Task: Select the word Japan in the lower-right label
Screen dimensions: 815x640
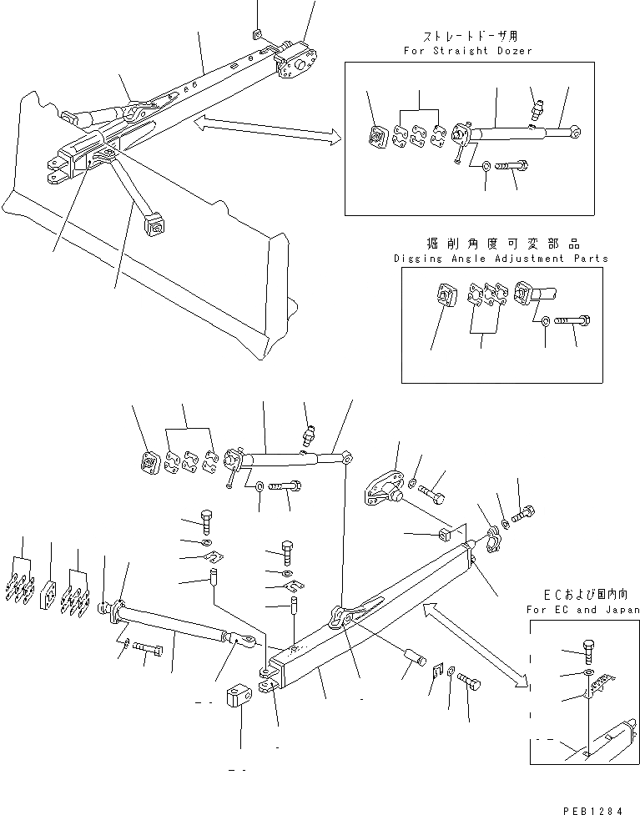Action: (x=621, y=610)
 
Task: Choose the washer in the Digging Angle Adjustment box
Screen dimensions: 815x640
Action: (x=545, y=319)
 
